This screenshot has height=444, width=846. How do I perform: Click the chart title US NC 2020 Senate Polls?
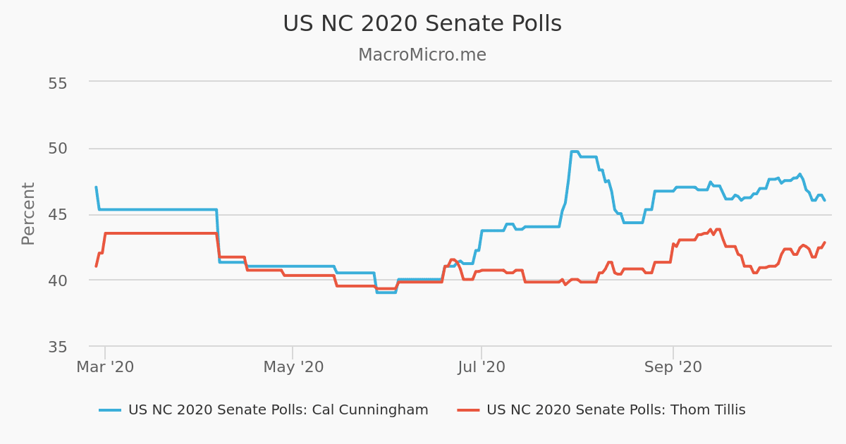(422, 24)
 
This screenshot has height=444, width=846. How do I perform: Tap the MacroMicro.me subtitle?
(422, 55)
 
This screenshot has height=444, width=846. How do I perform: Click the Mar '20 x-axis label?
(105, 367)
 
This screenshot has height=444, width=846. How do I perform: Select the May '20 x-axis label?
(293, 367)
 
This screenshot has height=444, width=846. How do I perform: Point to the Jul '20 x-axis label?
(482, 367)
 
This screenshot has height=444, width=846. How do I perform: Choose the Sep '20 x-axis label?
(673, 367)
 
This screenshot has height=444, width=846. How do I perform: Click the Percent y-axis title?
(28, 214)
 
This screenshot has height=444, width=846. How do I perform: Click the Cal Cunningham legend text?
(278, 410)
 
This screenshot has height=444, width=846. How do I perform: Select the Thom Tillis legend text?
(615, 410)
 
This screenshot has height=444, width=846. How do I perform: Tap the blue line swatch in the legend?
(110, 410)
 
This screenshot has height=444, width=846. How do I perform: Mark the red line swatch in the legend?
(468, 410)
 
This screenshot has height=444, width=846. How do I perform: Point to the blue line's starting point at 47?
(96, 187)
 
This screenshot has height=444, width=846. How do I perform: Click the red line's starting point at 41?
(96, 266)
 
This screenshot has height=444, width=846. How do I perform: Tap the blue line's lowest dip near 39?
(386, 292)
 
